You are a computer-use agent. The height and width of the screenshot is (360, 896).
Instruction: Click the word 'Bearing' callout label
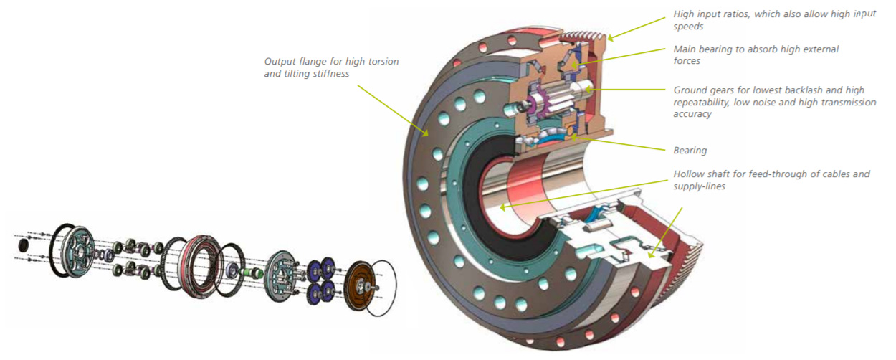[690, 151]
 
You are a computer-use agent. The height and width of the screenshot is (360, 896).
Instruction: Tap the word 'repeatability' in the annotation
[704, 102]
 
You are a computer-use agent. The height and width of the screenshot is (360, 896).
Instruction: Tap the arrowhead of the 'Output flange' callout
[427, 133]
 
